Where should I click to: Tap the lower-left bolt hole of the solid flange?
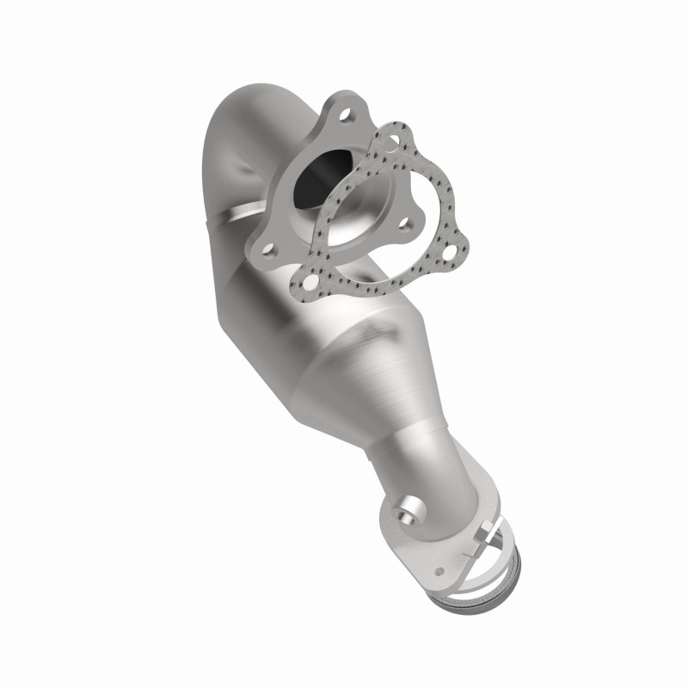coord(269,250)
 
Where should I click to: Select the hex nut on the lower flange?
coord(479,526)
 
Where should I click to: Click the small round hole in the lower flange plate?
coord(439,570)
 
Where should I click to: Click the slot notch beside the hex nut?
coord(494,539)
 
